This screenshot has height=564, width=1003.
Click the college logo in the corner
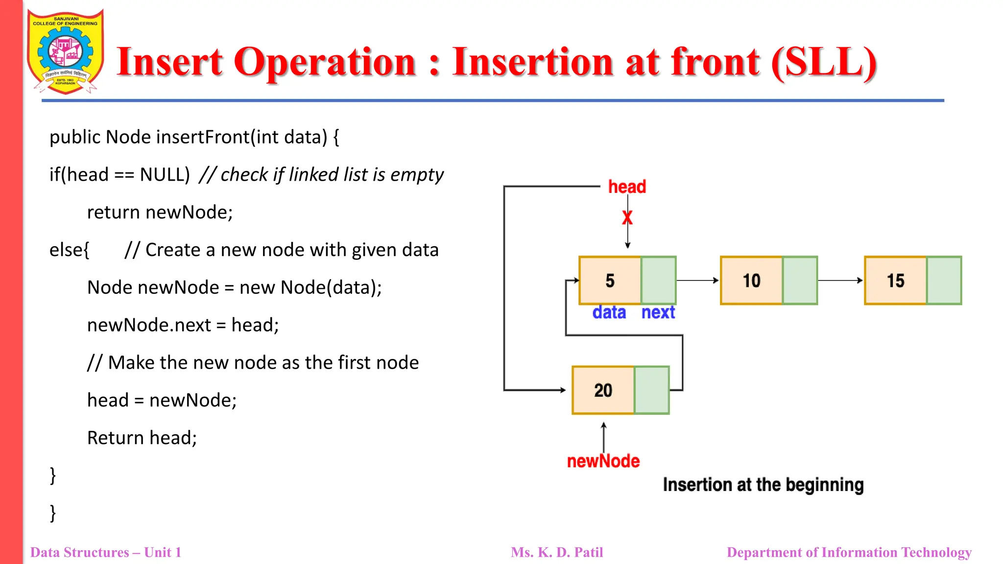pyautogui.click(x=66, y=51)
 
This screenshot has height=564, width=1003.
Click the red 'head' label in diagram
pyautogui.click(x=627, y=187)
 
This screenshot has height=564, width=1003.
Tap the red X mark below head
pyautogui.click(x=627, y=217)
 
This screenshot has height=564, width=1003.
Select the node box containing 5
pyautogui.click(x=610, y=281)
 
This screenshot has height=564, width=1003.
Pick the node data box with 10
pyautogui.click(x=751, y=281)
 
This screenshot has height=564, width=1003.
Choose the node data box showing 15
pyautogui.click(x=895, y=281)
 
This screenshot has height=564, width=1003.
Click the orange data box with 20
pyautogui.click(x=603, y=390)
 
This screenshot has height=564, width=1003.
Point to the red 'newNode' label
pyautogui.click(x=603, y=461)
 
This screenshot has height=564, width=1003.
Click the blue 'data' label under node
pyautogui.click(x=609, y=312)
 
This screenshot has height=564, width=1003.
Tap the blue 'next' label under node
pyautogui.click(x=658, y=312)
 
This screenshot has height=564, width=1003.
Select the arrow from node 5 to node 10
pyautogui.click(x=697, y=281)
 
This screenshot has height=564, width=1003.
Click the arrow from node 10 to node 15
pyautogui.click(x=840, y=281)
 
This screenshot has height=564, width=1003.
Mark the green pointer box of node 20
pyautogui.click(x=651, y=390)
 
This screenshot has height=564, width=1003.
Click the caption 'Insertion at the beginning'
pyautogui.click(x=763, y=485)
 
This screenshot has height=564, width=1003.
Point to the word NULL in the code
pyautogui.click(x=165, y=175)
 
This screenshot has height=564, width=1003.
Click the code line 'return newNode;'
pyautogui.click(x=160, y=212)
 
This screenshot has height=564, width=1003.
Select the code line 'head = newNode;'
pyautogui.click(x=162, y=400)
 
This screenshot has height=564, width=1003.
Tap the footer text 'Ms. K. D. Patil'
pyautogui.click(x=557, y=552)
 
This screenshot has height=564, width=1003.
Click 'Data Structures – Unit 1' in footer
pyautogui.click(x=106, y=552)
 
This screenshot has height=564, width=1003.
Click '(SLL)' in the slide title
pyautogui.click(x=823, y=62)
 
